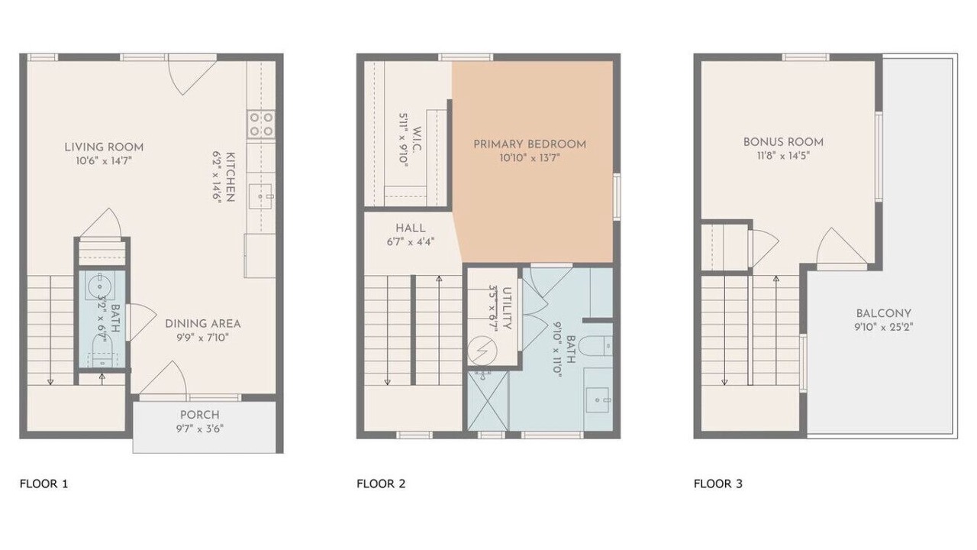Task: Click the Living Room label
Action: click(x=104, y=147)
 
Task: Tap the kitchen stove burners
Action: click(x=261, y=125)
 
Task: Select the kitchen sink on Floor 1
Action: click(x=260, y=196)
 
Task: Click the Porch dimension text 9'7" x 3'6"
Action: click(x=200, y=429)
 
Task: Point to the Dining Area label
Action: click(x=203, y=324)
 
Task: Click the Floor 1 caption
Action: click(x=44, y=484)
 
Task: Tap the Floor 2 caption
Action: click(x=381, y=484)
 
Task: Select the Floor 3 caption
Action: click(x=718, y=484)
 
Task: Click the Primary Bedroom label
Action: click(x=530, y=144)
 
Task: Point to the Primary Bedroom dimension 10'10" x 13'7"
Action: click(x=530, y=158)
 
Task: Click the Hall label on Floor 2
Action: click(x=411, y=228)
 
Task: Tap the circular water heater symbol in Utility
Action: click(x=482, y=351)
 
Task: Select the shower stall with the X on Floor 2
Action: click(x=488, y=401)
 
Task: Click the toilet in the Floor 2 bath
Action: click(x=597, y=346)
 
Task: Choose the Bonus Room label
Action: click(x=783, y=142)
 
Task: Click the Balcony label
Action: click(x=884, y=313)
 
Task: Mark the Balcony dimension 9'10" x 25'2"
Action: click(x=884, y=327)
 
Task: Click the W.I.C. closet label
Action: click(x=417, y=139)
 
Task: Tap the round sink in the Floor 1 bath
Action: click(x=100, y=286)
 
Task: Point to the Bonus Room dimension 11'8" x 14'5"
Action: click(x=783, y=156)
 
